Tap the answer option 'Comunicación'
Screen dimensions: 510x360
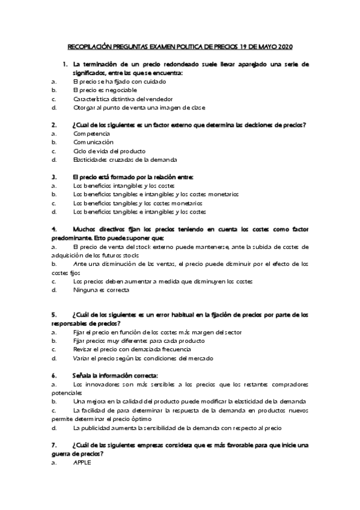93,142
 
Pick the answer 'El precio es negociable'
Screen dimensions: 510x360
105,90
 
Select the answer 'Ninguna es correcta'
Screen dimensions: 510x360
101,290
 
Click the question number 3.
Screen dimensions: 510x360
54,177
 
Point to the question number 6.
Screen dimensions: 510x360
54,375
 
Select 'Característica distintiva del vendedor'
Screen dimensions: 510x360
123,99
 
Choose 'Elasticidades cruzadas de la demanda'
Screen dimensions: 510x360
125,160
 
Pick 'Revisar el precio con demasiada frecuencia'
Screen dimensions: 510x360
135,349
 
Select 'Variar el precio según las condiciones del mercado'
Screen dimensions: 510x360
143,358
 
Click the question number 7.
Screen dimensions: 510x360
54,445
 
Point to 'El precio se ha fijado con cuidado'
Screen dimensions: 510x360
118,81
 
